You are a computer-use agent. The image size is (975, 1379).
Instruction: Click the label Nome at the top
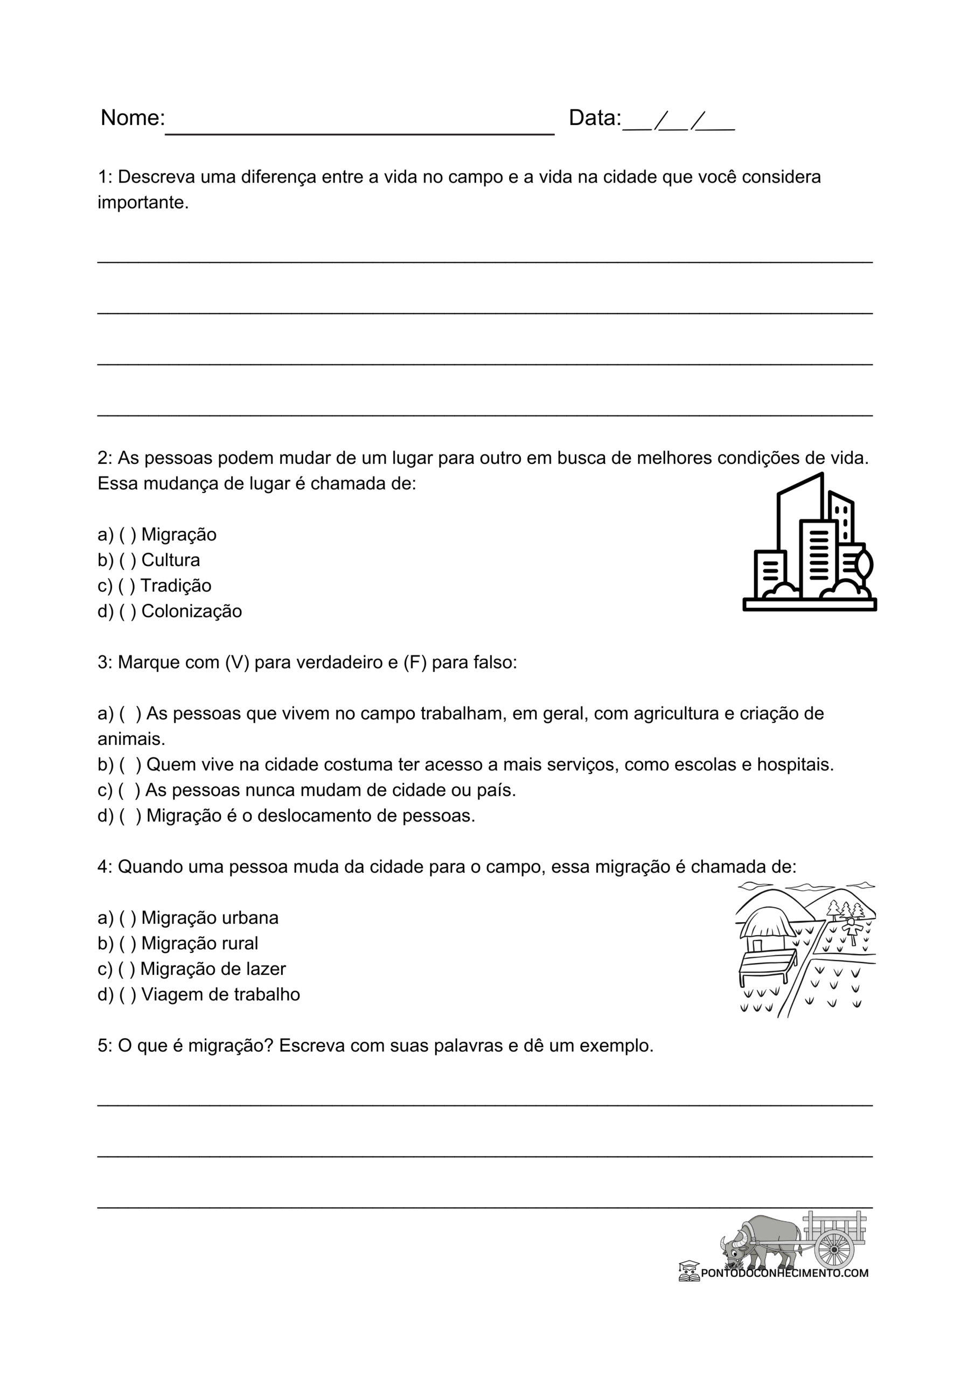[x=132, y=118]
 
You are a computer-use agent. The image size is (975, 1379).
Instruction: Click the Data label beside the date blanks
[x=594, y=118]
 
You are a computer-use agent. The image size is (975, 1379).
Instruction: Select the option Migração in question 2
[x=178, y=534]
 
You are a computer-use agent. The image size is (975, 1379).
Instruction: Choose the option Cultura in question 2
[x=170, y=560]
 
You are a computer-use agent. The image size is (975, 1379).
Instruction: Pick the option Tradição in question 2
[x=176, y=585]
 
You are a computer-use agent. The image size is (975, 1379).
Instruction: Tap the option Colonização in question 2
[x=191, y=611]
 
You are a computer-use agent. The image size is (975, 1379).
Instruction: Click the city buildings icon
[x=809, y=544]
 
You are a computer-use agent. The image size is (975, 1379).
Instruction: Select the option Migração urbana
[x=210, y=918]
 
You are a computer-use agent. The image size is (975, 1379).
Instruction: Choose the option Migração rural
[x=199, y=943]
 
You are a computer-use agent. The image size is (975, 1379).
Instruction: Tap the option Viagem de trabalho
[x=220, y=994]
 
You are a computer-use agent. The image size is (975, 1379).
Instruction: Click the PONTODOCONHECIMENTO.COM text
[x=784, y=1273]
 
